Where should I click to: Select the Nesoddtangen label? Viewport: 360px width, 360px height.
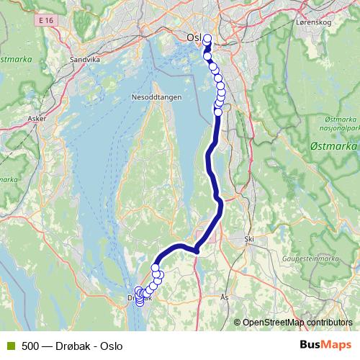tap(151, 96)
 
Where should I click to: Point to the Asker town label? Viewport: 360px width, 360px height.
tap(35, 116)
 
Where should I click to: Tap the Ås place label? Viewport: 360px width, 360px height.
tap(224, 296)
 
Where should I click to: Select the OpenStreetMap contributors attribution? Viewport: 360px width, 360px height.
tap(297, 322)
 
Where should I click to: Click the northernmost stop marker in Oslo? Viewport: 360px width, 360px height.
tap(208, 39)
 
